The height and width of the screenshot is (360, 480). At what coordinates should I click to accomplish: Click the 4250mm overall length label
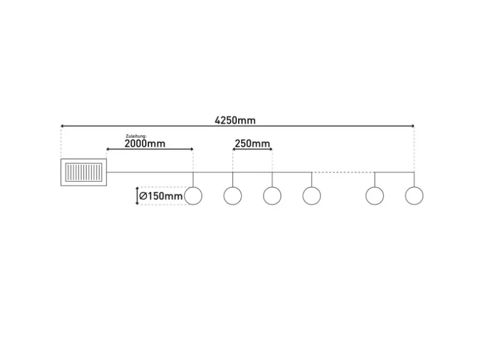tap(235, 120)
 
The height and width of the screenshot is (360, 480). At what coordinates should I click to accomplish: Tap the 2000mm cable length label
tap(145, 143)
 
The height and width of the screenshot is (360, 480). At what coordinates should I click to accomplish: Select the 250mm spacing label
tap(252, 144)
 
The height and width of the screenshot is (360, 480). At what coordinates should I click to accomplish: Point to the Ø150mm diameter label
tap(161, 197)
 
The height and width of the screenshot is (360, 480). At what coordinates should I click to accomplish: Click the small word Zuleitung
tap(136, 135)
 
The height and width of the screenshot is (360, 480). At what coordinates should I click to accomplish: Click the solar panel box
tap(84, 172)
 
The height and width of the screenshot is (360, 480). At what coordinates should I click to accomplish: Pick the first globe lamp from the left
tap(193, 196)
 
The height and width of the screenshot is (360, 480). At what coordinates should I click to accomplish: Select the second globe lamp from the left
tap(233, 196)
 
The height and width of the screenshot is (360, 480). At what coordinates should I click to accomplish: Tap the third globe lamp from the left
tap(272, 196)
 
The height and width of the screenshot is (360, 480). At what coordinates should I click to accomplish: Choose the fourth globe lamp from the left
tap(312, 196)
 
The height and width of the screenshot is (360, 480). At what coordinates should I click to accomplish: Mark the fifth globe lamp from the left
tap(375, 196)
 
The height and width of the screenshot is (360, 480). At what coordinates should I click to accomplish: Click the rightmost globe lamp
tap(414, 196)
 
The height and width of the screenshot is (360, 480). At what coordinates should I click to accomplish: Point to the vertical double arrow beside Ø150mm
tap(138, 196)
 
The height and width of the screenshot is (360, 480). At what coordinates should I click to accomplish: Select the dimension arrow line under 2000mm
tap(150, 149)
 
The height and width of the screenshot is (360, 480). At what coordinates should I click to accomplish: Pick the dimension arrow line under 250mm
tap(252, 149)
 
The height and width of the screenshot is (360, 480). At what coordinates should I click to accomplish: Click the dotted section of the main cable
tap(343, 172)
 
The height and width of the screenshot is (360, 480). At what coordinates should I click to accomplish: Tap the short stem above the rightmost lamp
tap(414, 179)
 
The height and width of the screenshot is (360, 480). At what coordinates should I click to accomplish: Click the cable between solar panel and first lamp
tap(150, 172)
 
